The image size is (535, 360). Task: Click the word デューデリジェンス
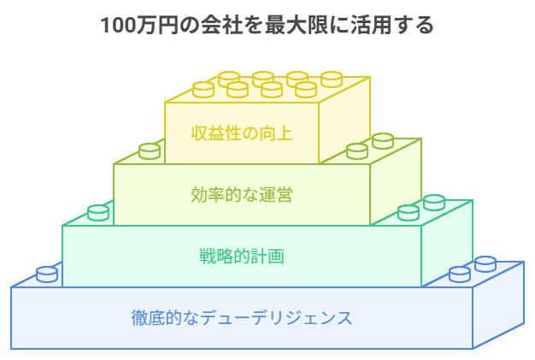[x=278, y=317]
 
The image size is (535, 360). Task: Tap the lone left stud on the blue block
[x=47, y=274]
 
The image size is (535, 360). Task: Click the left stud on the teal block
[x=98, y=212]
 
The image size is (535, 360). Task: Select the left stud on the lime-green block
[x=150, y=150]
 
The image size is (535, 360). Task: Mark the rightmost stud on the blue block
[x=485, y=263]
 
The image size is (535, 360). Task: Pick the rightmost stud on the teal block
[x=434, y=202]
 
